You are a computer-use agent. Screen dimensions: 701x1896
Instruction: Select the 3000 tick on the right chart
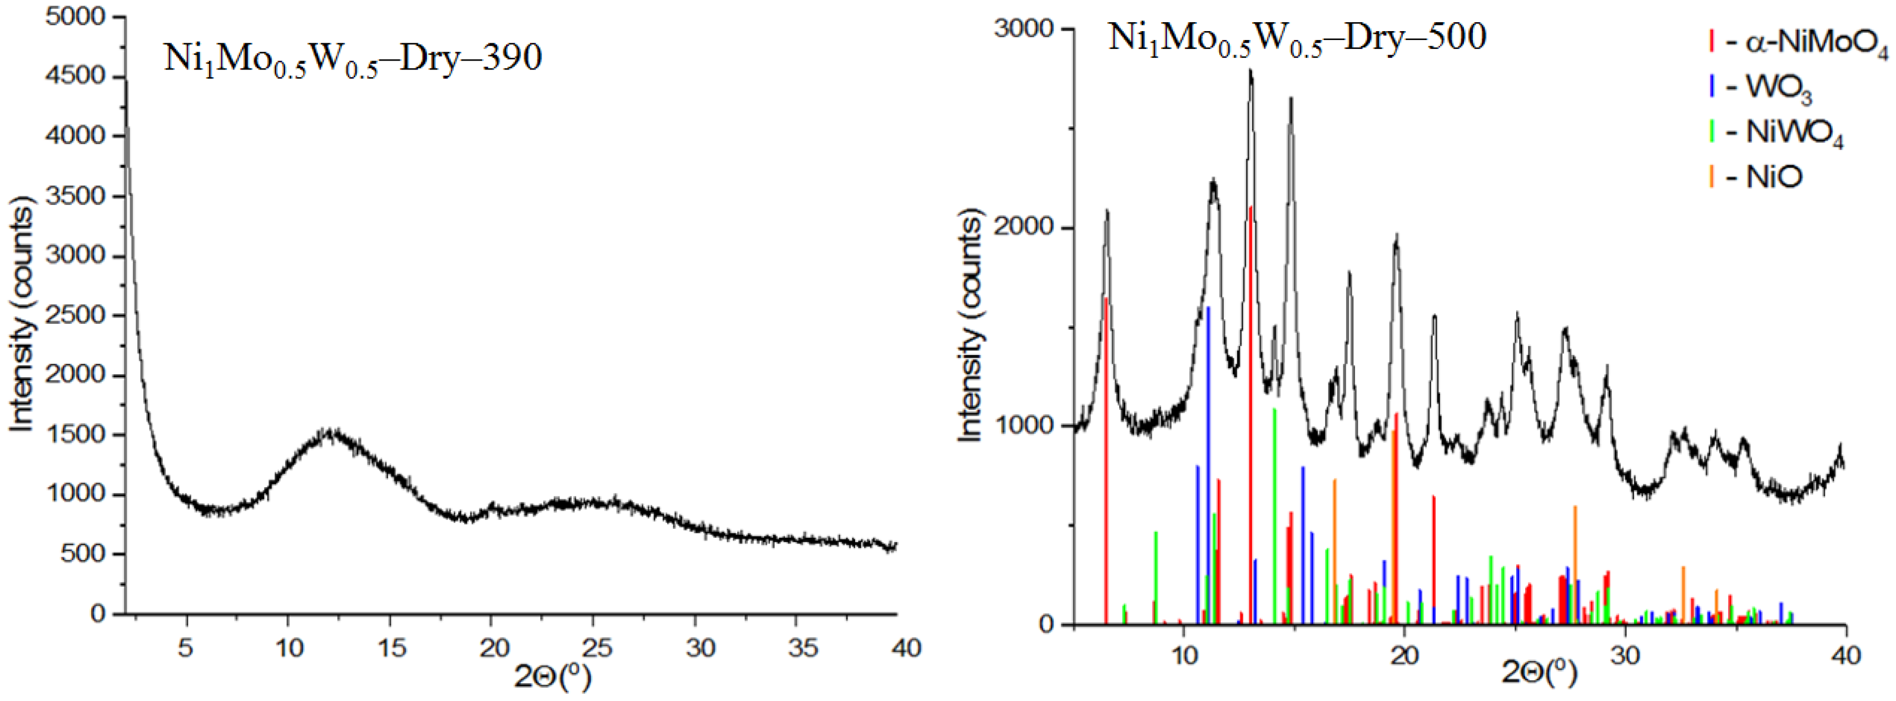(1023, 29)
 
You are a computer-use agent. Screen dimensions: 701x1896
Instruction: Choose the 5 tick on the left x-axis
(186, 648)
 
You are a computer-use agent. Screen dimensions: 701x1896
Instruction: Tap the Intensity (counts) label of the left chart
(22, 316)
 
